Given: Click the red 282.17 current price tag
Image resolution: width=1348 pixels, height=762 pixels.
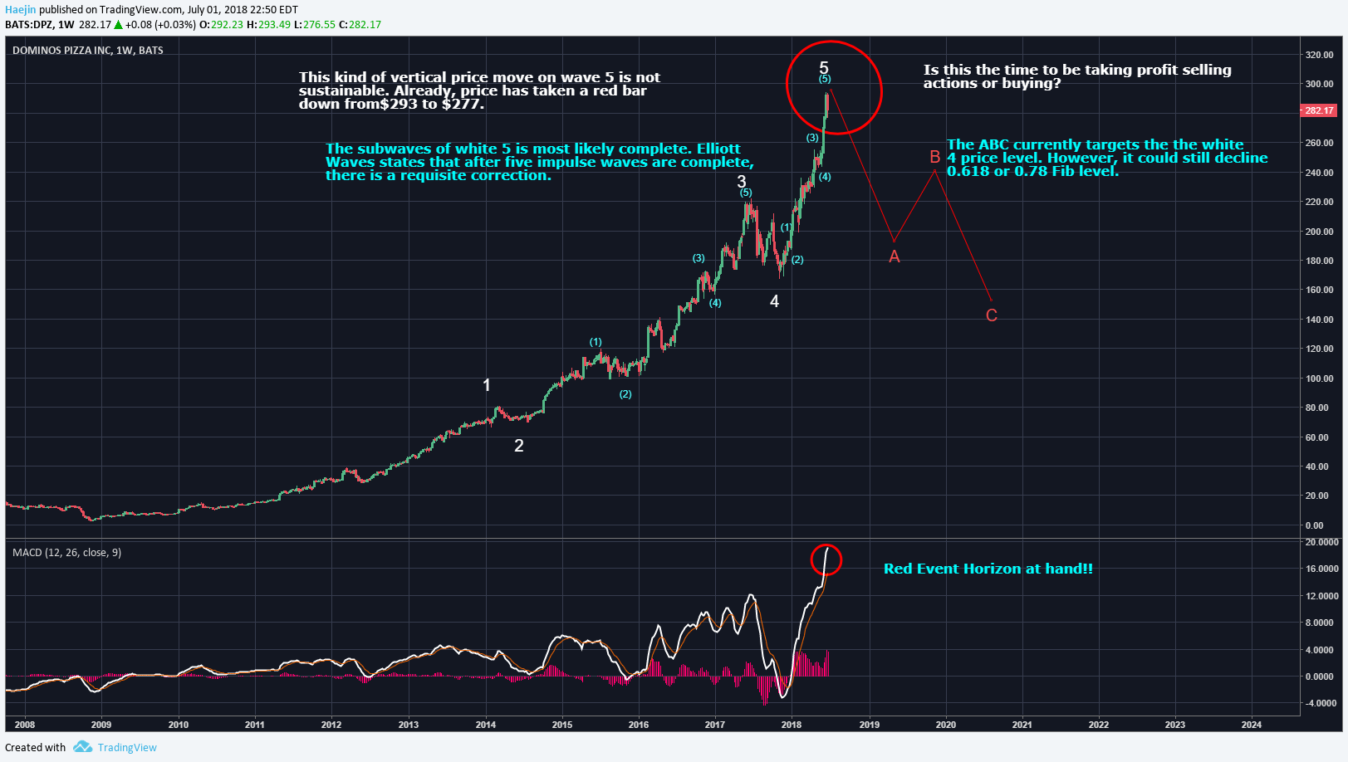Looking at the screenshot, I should coord(1318,110).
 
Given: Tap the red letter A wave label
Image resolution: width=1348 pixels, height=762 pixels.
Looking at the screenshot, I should coord(895,257).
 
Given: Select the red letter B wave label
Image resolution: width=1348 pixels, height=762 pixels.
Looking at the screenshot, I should coord(935,157).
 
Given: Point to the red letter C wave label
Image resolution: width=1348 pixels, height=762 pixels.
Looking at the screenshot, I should coord(992,315).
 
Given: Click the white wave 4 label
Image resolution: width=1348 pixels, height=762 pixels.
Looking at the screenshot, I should coord(774,301).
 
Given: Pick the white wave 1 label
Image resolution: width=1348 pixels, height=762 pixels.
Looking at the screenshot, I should coord(487,385).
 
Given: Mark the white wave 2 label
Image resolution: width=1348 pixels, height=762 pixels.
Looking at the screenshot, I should coord(519,446).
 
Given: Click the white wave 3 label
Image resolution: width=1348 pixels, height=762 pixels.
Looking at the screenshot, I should coord(742,181).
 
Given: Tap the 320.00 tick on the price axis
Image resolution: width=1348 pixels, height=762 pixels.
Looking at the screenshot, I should coord(1319,55).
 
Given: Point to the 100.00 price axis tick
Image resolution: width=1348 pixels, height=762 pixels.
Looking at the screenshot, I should coord(1319,379).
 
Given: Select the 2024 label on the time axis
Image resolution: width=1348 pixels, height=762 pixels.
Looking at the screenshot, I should coord(1251,725).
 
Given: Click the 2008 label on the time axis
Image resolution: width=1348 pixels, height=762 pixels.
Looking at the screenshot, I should coord(25,725).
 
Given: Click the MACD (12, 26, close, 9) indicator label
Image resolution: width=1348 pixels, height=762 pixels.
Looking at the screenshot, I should coord(66,552).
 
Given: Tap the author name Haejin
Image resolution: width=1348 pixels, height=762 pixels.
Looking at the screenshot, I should coord(21,10).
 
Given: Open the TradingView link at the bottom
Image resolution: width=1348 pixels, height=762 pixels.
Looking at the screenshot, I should coord(126,747).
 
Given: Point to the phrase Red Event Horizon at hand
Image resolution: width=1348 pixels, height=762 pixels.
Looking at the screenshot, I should coord(988,569).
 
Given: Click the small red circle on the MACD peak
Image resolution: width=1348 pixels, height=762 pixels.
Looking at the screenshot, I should coord(826,559).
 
